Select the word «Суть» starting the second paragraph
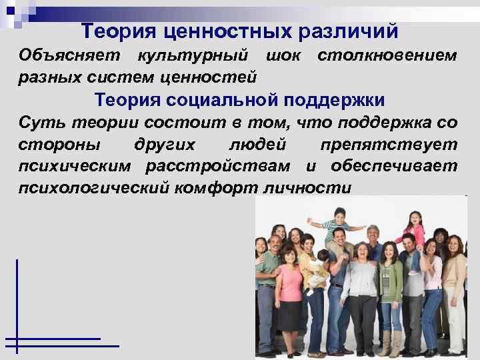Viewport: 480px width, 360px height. [39, 123]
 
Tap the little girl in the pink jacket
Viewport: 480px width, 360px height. [415, 230]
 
